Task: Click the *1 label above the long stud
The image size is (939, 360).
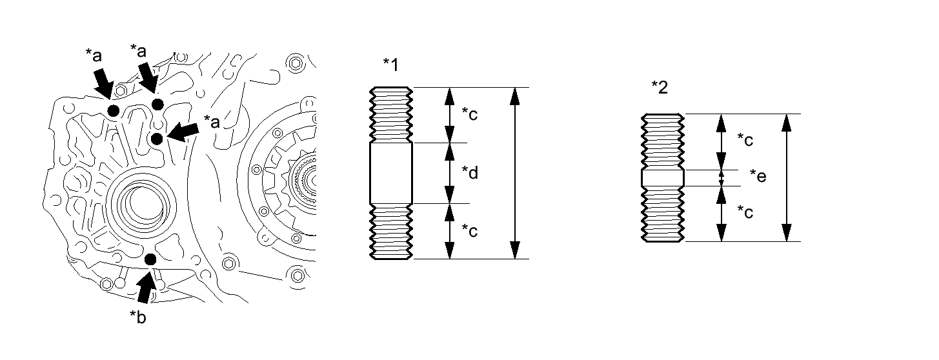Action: pyautogui.click(x=390, y=65)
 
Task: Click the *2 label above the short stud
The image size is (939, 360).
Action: pyautogui.click(x=660, y=88)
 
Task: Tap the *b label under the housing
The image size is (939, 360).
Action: pyautogui.click(x=138, y=317)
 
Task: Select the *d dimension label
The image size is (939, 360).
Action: pyautogui.click(x=470, y=173)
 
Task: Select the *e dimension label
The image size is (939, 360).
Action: pyautogui.click(x=758, y=176)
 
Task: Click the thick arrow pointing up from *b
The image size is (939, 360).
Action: pyautogui.click(x=146, y=286)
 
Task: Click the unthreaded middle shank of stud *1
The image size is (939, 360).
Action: pyautogui.click(x=391, y=173)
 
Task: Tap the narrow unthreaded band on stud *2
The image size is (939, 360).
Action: pyautogui.click(x=663, y=177)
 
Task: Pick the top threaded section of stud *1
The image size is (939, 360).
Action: pyautogui.click(x=391, y=115)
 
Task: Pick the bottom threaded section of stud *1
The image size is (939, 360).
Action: pyautogui.click(x=391, y=232)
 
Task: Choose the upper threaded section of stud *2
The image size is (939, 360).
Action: pyautogui.click(x=663, y=142)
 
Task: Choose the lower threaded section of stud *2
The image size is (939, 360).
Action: pyautogui.click(x=663, y=214)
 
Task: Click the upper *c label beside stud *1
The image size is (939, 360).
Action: pyautogui.click(x=470, y=114)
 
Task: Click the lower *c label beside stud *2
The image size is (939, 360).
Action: pyautogui.click(x=745, y=212)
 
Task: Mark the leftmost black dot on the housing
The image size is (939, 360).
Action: pyautogui.click(x=114, y=111)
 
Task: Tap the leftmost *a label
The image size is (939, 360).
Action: pyautogui.click(x=94, y=55)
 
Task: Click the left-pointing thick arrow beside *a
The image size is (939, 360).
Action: pyautogui.click(x=183, y=132)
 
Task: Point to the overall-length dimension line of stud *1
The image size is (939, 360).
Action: pyautogui.click(x=515, y=173)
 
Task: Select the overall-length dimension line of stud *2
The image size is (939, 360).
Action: pyautogui.click(x=787, y=177)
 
